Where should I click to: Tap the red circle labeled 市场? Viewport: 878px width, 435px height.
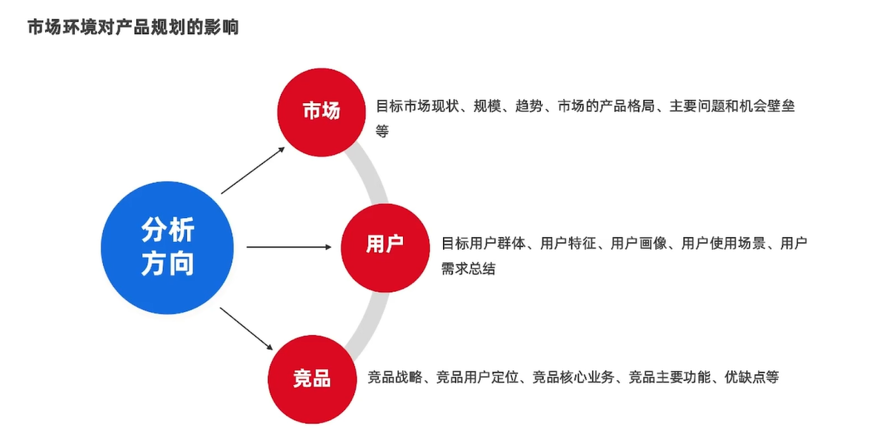(x=321, y=111)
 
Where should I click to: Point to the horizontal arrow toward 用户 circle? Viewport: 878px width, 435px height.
(x=289, y=247)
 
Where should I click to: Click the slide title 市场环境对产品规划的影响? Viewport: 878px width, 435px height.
(x=133, y=28)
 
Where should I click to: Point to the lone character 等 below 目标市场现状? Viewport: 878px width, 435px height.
(x=382, y=131)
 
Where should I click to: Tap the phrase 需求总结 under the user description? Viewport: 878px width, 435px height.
(x=468, y=269)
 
